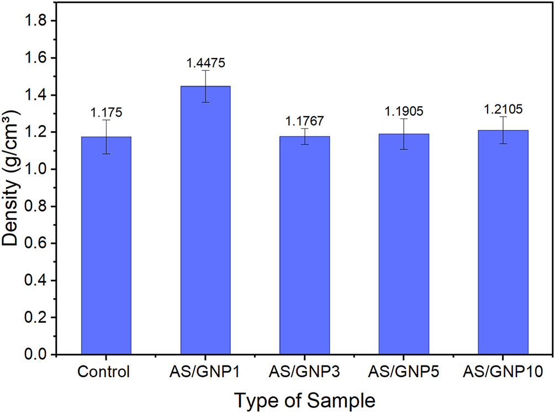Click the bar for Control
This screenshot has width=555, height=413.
pos(106,245)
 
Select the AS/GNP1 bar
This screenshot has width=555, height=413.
pos(205,220)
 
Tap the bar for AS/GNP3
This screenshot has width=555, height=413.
pos(304,245)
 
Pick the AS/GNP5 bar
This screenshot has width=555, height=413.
pos(404,244)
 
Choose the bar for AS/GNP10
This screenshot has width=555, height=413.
pos(503,242)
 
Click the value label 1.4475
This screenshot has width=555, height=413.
pos(205,63)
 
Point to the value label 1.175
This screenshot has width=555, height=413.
pos(106,113)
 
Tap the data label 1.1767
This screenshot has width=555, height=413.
pos(304,121)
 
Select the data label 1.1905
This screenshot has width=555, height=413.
pos(404,111)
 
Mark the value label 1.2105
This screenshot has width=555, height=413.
pos(503,109)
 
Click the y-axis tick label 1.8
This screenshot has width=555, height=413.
pos(35,21)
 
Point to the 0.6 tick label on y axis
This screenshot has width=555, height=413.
pos(35,244)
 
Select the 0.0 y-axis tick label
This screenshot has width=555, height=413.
pos(35,354)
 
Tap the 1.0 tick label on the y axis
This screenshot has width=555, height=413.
pos(35,169)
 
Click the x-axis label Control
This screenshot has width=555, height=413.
pos(104,372)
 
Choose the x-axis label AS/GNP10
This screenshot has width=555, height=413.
pos(503,372)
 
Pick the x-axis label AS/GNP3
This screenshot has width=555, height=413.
pos(304,372)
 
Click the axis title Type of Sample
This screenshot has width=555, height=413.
pos(305,401)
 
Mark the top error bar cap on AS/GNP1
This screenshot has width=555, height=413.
pos(205,71)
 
